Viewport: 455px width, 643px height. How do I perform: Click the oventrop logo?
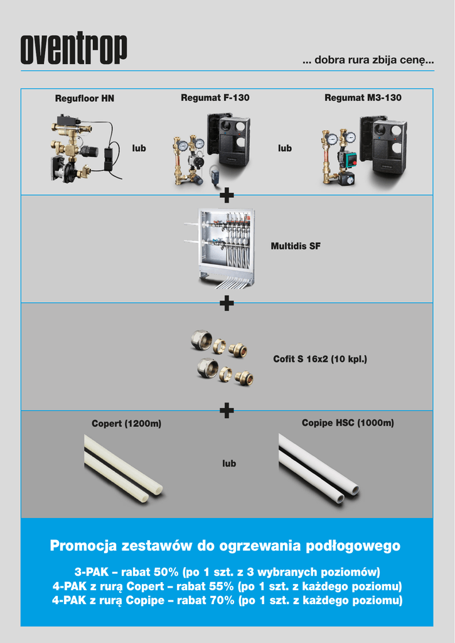[x=74, y=48]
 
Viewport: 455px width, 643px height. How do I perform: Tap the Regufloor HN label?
[x=85, y=99]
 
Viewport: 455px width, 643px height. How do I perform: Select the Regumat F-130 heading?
[x=215, y=97]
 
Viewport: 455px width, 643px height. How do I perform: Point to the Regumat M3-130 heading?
[x=363, y=97]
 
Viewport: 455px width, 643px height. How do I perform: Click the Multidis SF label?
[x=296, y=246]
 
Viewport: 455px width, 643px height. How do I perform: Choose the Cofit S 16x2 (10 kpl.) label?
[x=320, y=359]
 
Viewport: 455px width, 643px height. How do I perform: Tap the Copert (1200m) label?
[x=126, y=423]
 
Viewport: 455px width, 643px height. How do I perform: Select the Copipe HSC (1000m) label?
[x=348, y=423]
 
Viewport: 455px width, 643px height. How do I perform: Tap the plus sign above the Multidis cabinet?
[x=227, y=195]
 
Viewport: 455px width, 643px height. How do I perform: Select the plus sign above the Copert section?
[x=227, y=411]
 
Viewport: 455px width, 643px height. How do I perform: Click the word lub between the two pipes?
[x=229, y=463]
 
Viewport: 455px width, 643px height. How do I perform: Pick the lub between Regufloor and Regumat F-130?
[x=139, y=148]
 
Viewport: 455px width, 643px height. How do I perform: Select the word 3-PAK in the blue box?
[x=92, y=572]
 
